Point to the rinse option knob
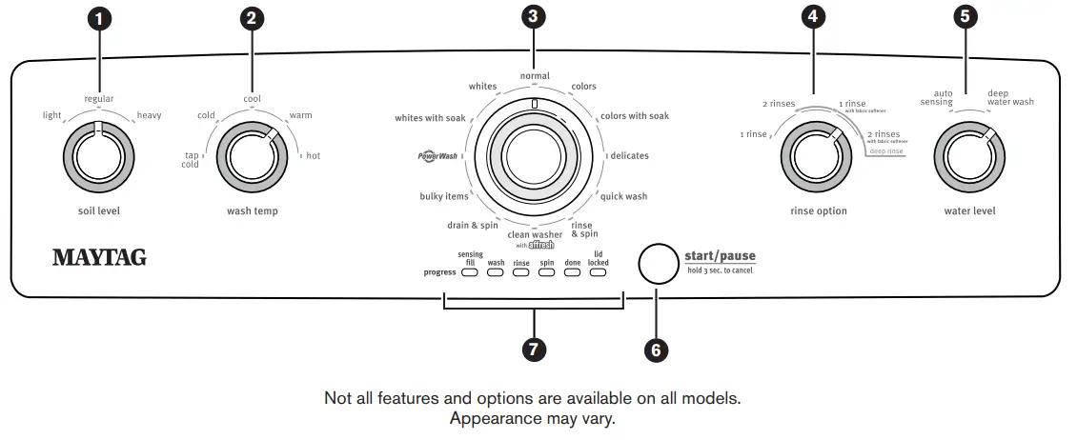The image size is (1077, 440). [816, 155]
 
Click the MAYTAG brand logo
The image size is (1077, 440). [99, 257]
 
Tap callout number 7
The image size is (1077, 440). [534, 350]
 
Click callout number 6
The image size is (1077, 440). [655, 350]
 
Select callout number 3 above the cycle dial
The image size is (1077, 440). [534, 16]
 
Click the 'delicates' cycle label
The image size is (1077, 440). [629, 155]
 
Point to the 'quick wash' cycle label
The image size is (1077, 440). [623, 197]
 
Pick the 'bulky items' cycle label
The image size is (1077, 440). [444, 197]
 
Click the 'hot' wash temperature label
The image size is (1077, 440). [313, 155]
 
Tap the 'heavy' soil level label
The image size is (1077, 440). [149, 115]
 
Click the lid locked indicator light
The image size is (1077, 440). [598, 273]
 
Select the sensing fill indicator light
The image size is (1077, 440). [470, 273]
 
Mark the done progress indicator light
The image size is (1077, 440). [572, 273]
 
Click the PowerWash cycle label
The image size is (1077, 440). [438, 155]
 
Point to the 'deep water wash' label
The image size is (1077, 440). [1010, 97]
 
